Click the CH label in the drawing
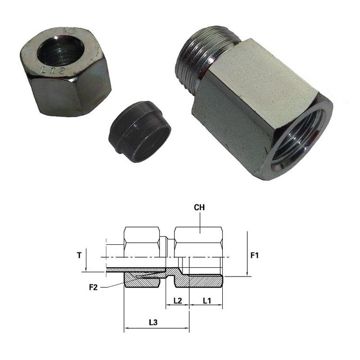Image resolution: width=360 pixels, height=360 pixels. (x=199, y=207)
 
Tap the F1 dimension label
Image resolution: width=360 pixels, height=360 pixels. (x=254, y=255)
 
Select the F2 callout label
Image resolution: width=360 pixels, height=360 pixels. (x=94, y=287)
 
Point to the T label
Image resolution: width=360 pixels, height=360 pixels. (x=79, y=255)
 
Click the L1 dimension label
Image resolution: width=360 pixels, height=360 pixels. (x=207, y=300)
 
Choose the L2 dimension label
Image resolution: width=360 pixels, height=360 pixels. (x=178, y=300)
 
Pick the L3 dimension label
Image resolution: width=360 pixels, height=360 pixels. (x=153, y=323)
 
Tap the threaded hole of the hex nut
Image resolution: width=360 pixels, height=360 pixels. (x=60, y=50)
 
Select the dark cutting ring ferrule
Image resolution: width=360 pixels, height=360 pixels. (x=140, y=132)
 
